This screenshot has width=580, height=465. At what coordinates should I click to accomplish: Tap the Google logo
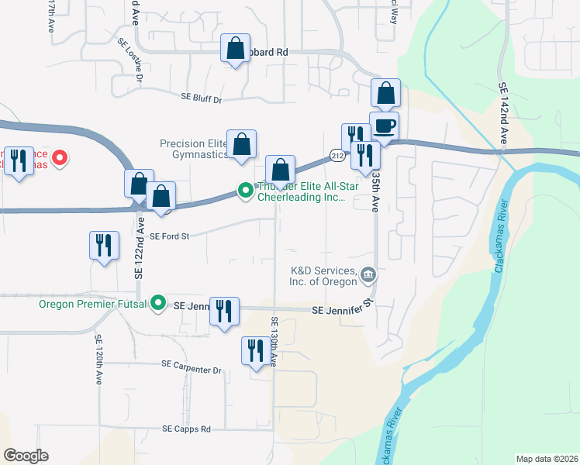26,456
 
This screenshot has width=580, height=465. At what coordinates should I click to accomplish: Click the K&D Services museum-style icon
368,274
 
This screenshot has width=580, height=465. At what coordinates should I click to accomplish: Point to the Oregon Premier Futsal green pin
159,303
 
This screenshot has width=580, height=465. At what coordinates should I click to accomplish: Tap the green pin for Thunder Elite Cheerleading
246,190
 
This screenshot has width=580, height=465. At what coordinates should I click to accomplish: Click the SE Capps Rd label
186,429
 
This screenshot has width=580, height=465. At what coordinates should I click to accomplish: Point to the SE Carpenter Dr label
192,370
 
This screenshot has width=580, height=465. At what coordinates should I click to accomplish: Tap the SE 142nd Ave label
503,112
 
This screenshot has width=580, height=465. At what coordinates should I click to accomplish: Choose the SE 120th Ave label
99,360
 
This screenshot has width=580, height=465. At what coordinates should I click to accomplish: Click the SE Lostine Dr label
130,62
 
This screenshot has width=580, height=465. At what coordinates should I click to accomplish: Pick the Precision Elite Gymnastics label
194,149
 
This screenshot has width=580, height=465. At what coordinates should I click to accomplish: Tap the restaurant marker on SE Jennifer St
225,311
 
